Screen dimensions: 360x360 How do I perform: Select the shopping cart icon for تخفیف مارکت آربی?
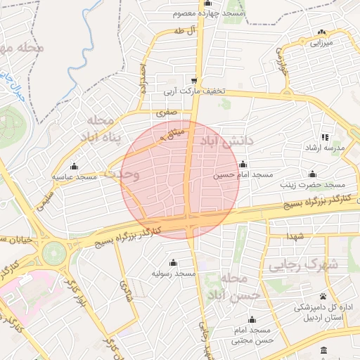tap(194, 80)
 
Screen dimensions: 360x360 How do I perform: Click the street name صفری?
tap(165, 111)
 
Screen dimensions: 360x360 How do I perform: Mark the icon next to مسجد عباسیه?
tap(75, 176)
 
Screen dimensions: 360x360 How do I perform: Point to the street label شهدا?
tap(289, 237)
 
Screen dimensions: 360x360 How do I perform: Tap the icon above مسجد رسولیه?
tap(173, 262)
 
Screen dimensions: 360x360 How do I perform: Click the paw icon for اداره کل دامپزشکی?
tap(323, 296)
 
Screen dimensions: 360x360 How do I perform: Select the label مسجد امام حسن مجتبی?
tap(251, 335)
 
